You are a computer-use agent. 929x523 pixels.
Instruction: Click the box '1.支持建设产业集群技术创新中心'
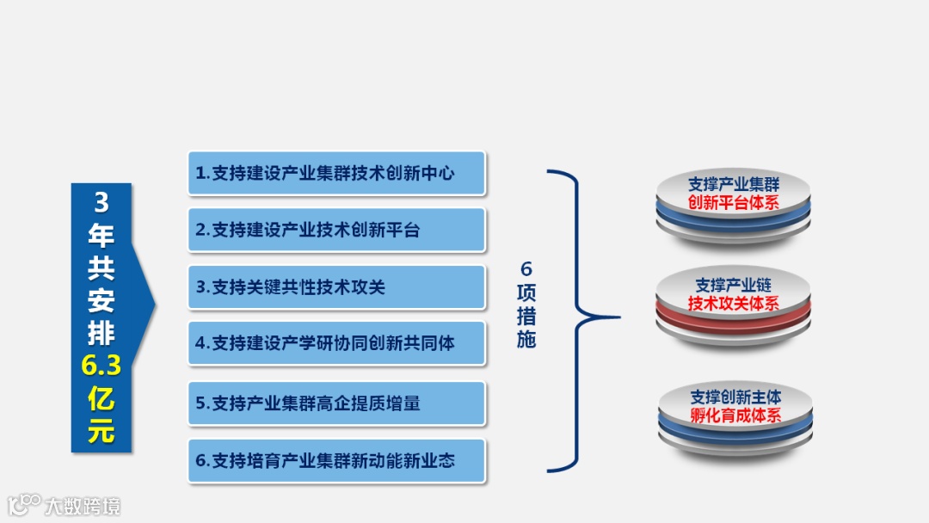[336, 173]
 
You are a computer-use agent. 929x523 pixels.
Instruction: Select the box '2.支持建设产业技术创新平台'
[336, 230]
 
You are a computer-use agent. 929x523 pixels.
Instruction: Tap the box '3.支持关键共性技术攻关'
[336, 286]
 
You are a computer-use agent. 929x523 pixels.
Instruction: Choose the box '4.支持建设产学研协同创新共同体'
[336, 343]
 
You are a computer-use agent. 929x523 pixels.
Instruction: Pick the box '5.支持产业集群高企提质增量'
[336, 403]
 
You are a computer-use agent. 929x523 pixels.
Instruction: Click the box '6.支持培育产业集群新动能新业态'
[336, 460]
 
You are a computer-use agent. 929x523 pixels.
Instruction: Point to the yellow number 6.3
[102, 367]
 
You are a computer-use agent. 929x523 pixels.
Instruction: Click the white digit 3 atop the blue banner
[102, 203]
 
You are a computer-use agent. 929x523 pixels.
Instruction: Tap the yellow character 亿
[102, 399]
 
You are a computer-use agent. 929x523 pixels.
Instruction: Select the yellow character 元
[102, 431]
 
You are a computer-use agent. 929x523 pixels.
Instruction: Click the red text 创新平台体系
[734, 203]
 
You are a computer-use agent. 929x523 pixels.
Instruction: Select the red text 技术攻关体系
[734, 303]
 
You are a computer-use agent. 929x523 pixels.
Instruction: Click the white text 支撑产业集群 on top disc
[734, 184]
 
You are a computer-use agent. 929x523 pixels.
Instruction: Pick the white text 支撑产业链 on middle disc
[734, 285]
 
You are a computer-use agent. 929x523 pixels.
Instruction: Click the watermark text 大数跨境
[83, 505]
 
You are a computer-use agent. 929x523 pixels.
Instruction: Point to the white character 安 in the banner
[102, 301]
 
